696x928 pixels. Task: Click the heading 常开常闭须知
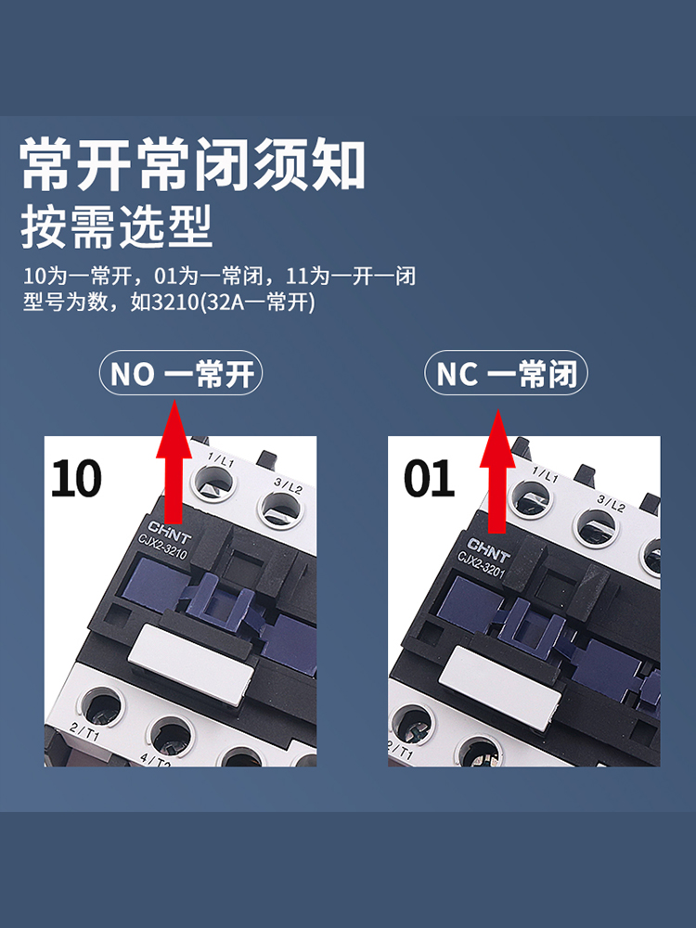point(193,164)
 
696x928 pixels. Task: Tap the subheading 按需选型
point(117,226)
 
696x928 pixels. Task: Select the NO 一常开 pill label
point(182,374)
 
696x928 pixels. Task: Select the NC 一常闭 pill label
point(507,374)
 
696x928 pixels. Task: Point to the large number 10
point(76,478)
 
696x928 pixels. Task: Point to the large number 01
point(429,478)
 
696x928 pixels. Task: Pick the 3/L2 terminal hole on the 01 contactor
point(595,527)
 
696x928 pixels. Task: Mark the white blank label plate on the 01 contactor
point(502,687)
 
